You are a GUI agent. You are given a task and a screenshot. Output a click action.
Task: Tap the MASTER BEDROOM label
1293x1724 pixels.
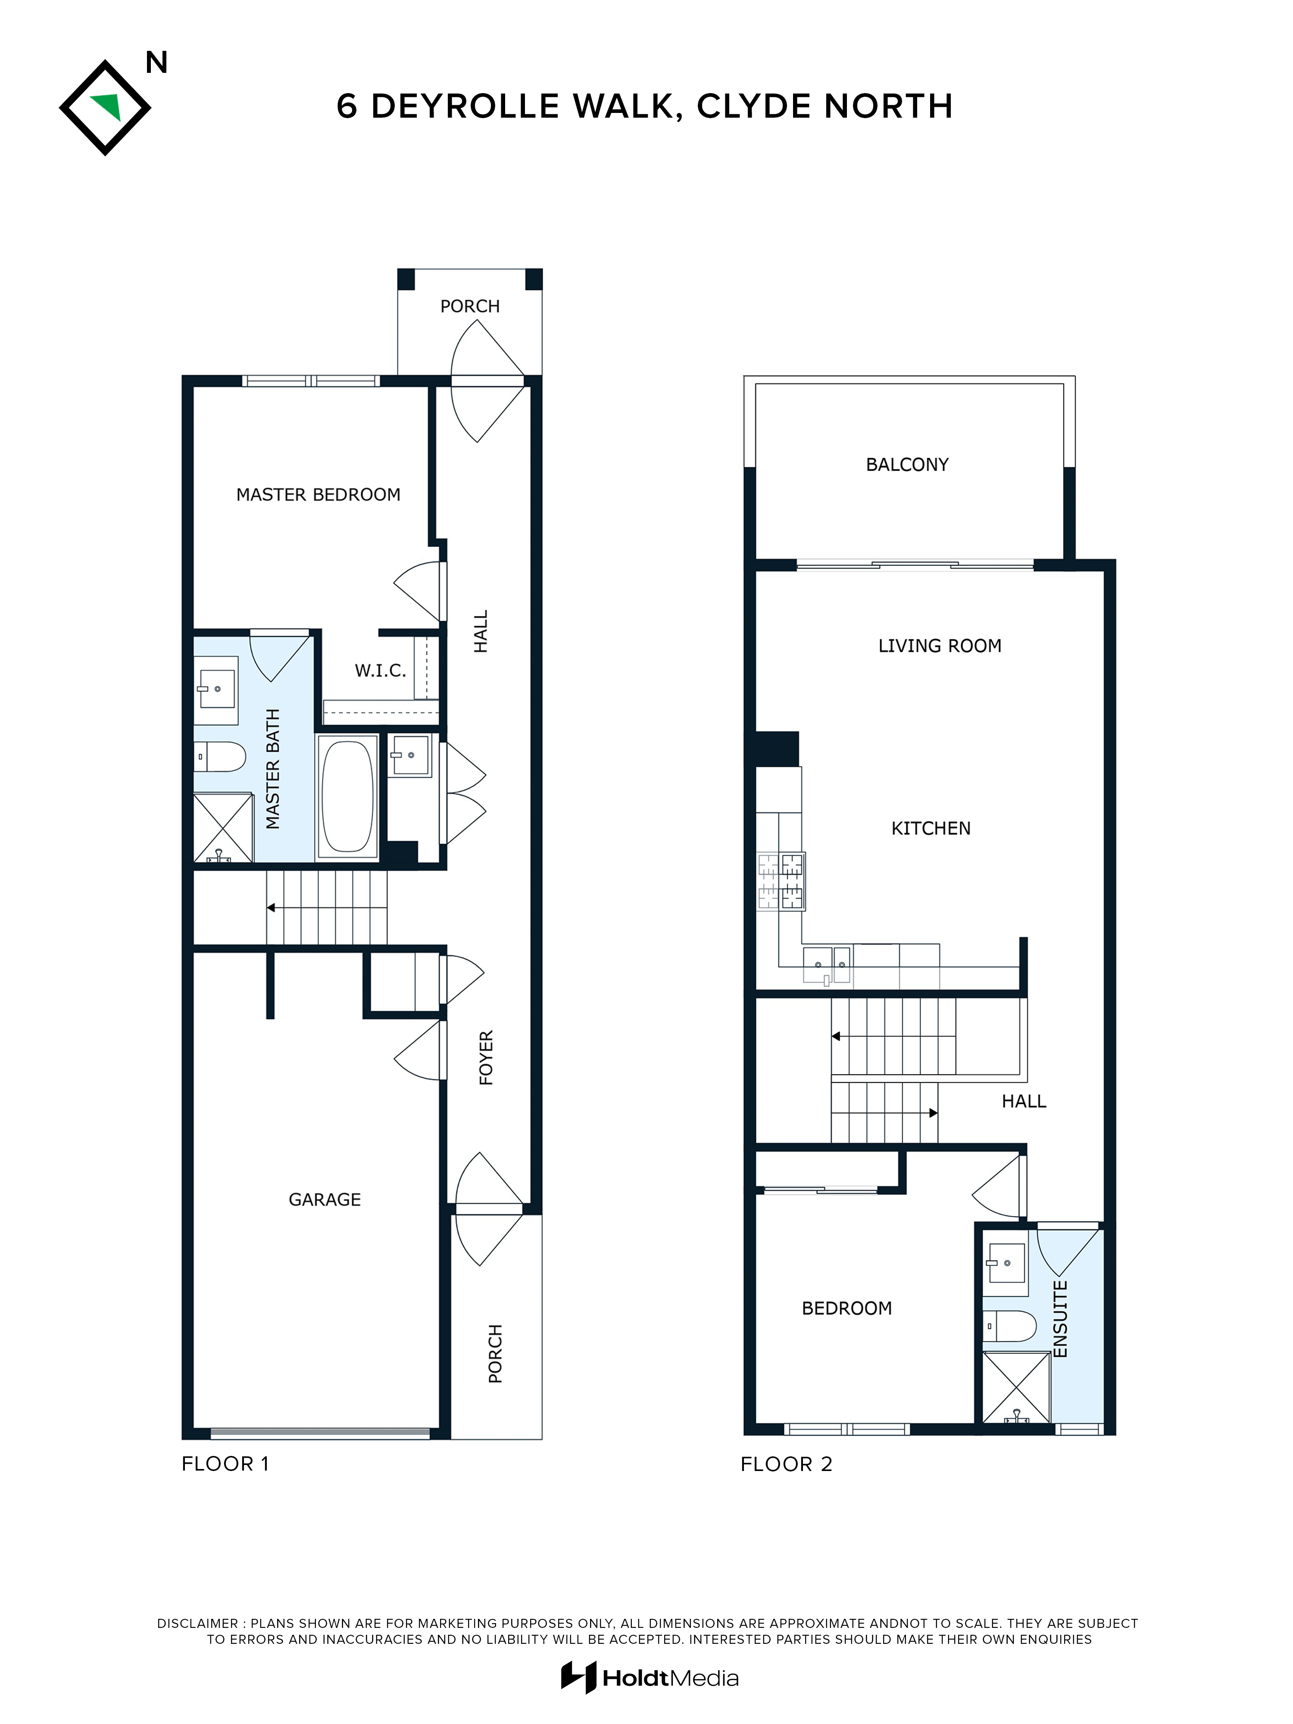(x=318, y=495)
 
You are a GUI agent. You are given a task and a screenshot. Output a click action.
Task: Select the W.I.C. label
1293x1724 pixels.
(x=380, y=670)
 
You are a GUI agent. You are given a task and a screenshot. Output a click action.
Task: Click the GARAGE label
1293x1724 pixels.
(x=324, y=1199)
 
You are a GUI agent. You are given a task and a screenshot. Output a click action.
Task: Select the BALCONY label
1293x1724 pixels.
(x=907, y=465)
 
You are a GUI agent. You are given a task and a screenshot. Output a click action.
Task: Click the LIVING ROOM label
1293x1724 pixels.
(x=939, y=646)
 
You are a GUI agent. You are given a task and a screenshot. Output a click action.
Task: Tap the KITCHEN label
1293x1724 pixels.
(x=931, y=828)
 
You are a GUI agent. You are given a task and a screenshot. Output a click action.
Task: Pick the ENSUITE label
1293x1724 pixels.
(x=1059, y=1319)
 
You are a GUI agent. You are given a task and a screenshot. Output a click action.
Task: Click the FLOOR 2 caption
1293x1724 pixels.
(x=787, y=1465)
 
